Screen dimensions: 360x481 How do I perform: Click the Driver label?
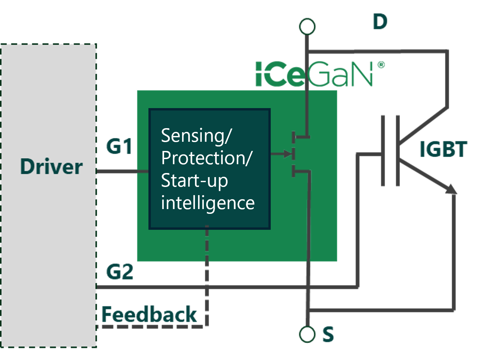click(51, 167)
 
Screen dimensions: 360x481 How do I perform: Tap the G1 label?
click(119, 147)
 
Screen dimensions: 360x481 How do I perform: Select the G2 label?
click(120, 272)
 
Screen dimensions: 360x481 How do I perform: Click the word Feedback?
click(149, 314)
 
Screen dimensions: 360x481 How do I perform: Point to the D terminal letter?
click(380, 22)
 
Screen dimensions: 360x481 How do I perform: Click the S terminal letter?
click(328, 334)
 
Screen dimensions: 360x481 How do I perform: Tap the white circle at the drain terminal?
click(307, 27)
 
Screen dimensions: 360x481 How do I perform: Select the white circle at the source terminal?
click(307, 335)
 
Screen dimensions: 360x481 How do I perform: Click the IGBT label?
click(443, 149)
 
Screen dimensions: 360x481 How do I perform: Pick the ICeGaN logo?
click(314, 74)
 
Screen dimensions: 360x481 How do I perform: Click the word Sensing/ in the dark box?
click(196, 135)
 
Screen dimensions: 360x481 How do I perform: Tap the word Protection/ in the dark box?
click(207, 158)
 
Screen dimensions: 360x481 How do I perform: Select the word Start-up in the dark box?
click(194, 181)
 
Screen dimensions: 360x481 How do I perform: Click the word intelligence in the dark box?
click(208, 203)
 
